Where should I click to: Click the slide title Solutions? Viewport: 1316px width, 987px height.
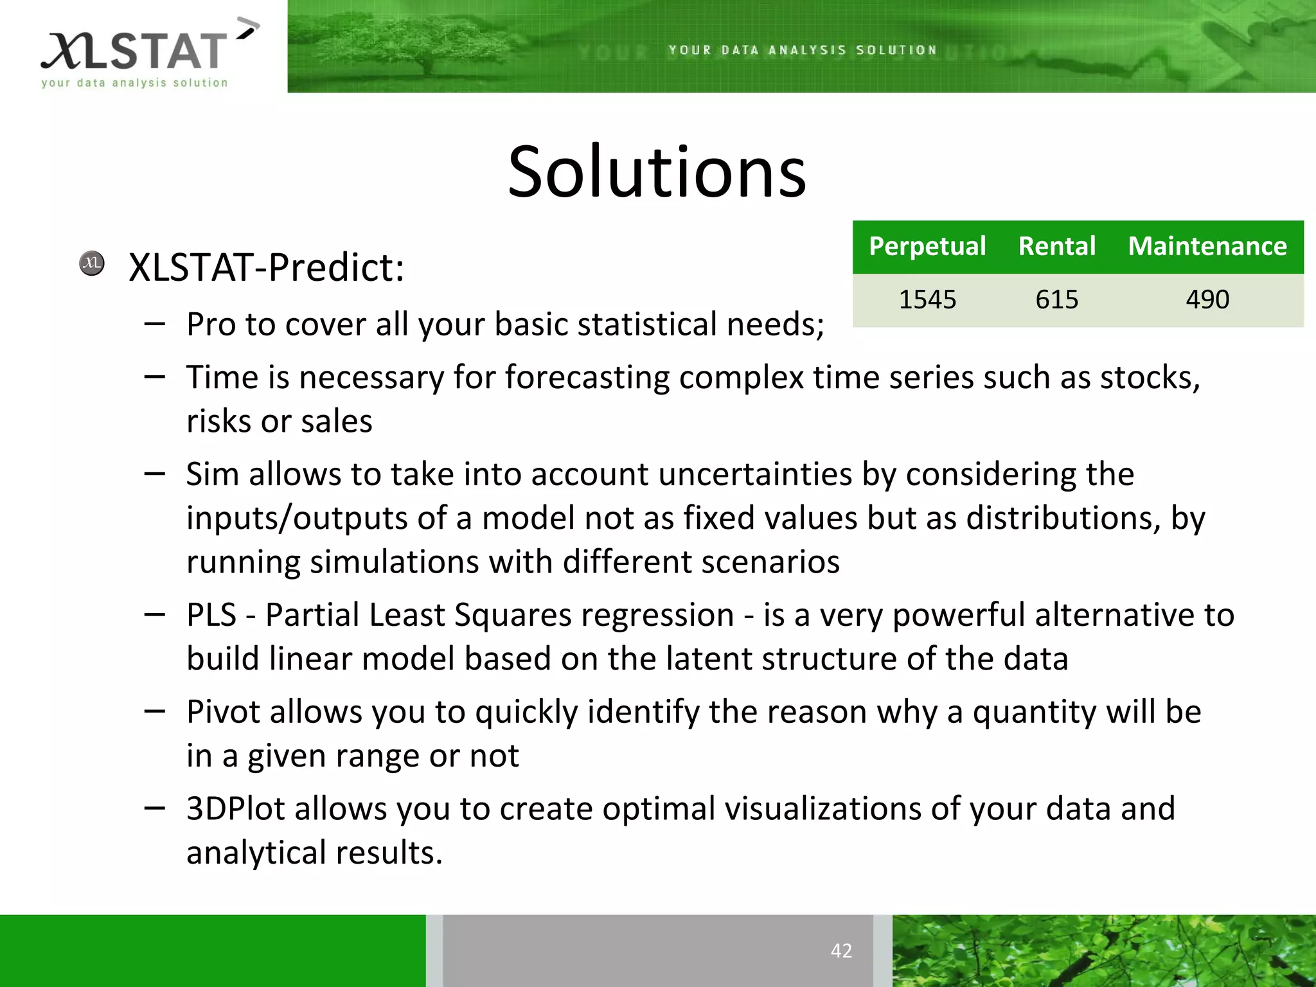click(x=657, y=172)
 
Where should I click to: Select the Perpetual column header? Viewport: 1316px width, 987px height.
click(x=927, y=247)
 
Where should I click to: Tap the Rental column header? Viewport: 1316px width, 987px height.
click(x=1057, y=247)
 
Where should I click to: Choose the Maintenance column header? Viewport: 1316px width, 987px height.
click(x=1207, y=247)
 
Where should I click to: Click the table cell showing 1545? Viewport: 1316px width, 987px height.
click(x=927, y=299)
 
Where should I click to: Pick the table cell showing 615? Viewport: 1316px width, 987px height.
click(x=1057, y=299)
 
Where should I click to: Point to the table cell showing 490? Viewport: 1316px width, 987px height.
click(x=1207, y=299)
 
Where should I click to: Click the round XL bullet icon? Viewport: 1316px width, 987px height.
click(x=92, y=263)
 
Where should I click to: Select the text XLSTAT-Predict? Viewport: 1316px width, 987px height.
click(x=267, y=267)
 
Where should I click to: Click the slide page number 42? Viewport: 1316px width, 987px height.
click(x=841, y=950)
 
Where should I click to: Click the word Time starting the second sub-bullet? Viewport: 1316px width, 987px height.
click(x=222, y=377)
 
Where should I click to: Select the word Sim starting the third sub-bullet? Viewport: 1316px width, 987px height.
click(x=213, y=474)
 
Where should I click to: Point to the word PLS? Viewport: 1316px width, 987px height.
click(x=212, y=615)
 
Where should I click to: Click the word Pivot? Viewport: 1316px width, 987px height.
click(x=222, y=712)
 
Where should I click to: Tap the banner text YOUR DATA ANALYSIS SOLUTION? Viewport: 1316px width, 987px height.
click(x=803, y=50)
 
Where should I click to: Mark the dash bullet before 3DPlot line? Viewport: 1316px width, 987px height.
click(x=155, y=808)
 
